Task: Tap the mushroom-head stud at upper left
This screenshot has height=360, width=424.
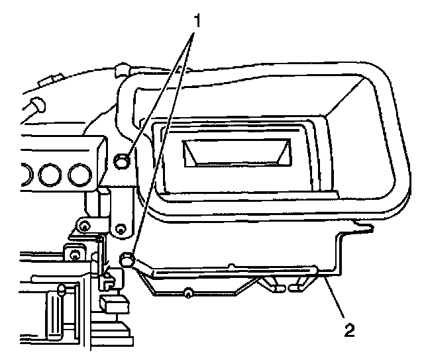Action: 35,105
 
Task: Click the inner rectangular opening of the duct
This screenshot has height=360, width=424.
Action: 237,154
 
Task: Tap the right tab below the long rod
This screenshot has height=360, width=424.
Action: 298,287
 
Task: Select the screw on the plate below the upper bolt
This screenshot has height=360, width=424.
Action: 121,229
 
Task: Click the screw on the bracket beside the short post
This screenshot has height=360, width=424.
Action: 85,228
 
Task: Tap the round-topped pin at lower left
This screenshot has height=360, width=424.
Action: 62,289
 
